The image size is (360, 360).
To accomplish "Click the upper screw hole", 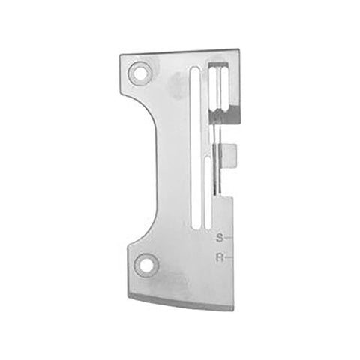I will point(138,73).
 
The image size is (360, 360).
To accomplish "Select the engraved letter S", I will point(218,238).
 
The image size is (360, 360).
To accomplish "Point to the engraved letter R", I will point(218,258).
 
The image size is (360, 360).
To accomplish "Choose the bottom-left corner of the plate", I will point(128,295).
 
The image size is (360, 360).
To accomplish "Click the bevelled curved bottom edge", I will point(180,300).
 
